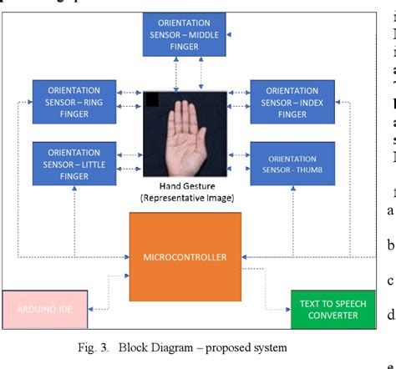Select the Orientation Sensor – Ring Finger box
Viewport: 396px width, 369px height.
pos(74,101)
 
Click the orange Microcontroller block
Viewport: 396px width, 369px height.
pos(185,256)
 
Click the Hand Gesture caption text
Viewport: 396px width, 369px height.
pos(185,186)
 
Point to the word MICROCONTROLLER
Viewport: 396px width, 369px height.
pos(185,256)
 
